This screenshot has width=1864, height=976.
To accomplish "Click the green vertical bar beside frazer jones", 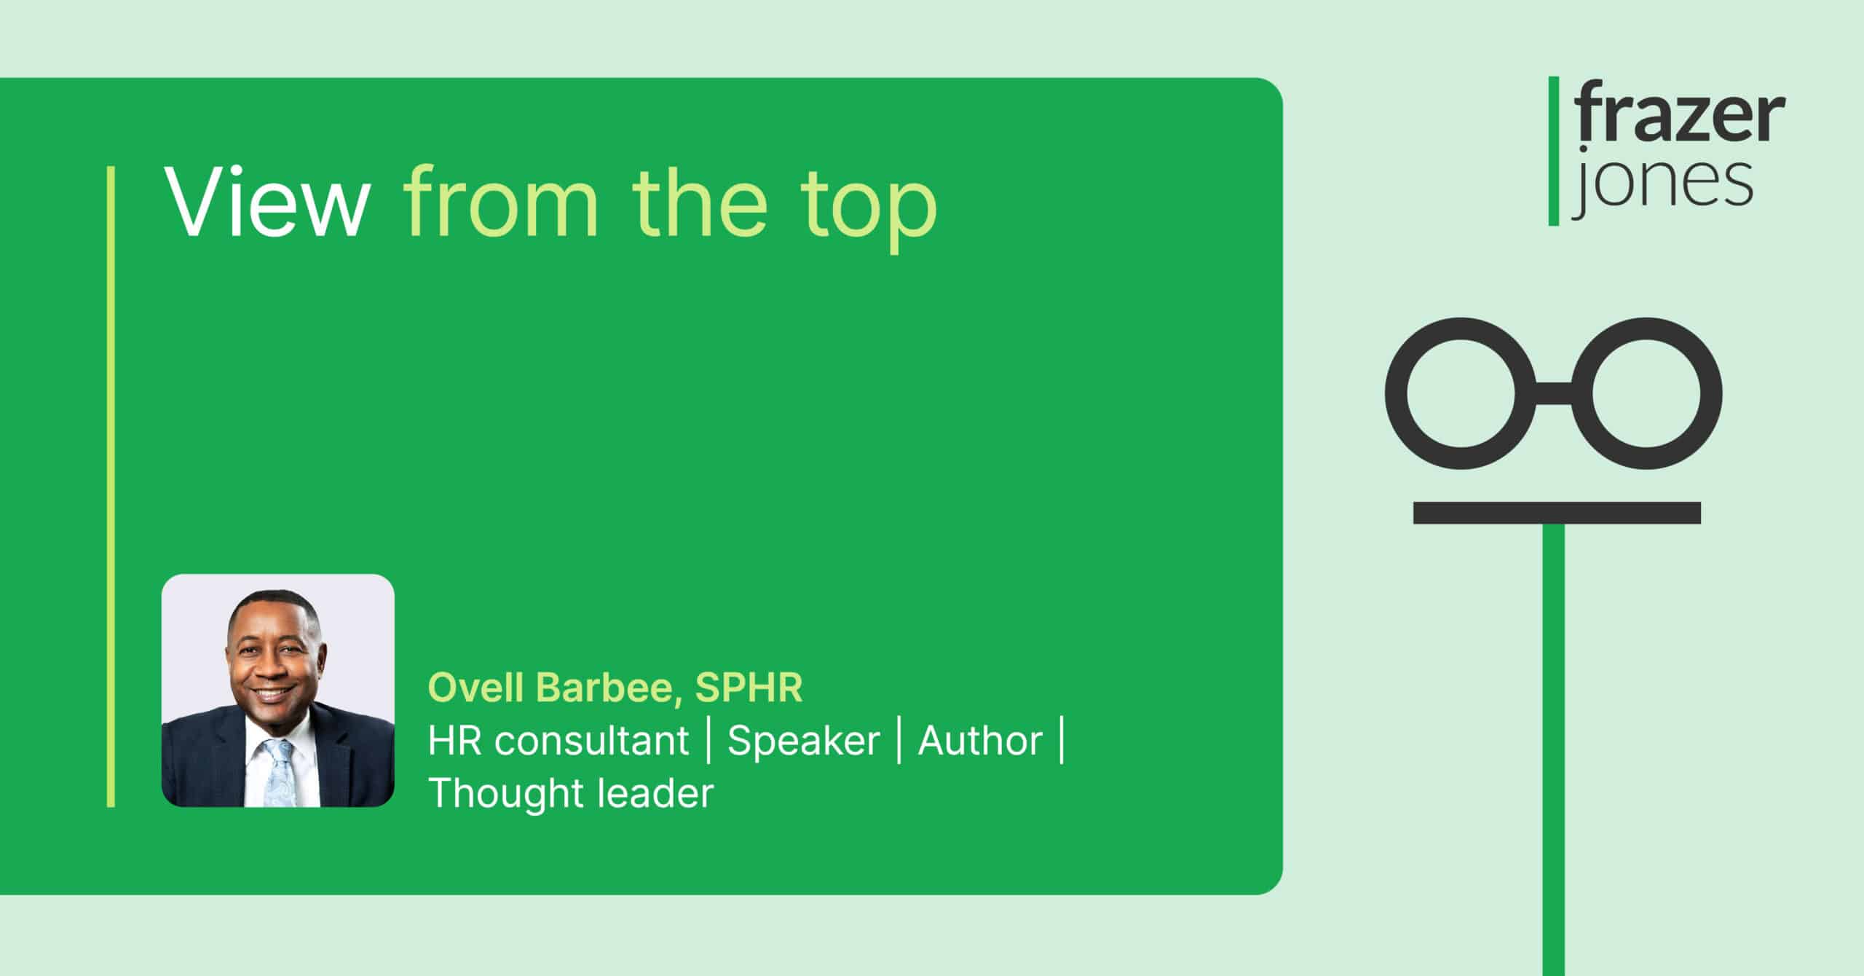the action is (x=1554, y=151).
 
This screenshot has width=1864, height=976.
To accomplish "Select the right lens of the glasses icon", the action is (x=1647, y=393).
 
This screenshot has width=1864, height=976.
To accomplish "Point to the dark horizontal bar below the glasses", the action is (x=1557, y=513).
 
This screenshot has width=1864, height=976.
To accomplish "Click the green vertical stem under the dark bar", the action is (x=1554, y=749).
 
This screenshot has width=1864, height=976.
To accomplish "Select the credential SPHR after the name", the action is (x=749, y=688).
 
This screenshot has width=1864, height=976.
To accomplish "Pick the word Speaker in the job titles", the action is (x=804, y=742).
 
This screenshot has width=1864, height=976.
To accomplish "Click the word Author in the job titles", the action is (x=980, y=741).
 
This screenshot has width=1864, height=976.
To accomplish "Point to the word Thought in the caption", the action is (x=505, y=793).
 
